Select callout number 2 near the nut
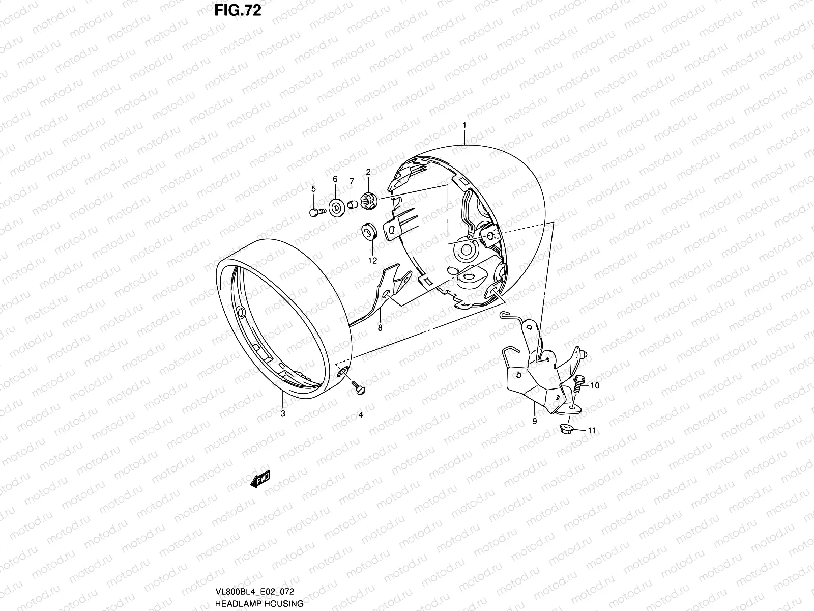click(368, 172)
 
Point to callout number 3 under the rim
click(283, 413)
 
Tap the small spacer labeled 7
click(352, 205)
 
